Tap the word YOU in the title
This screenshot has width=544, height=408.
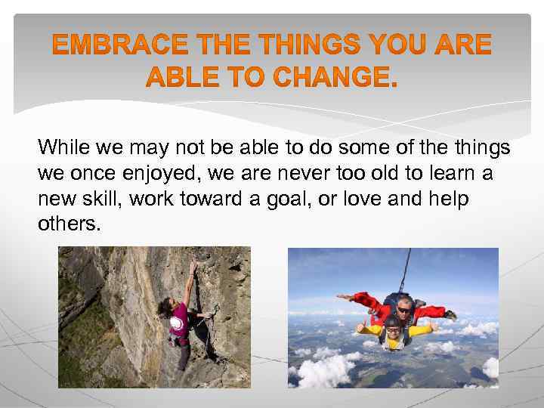pyautogui.click(x=406, y=47)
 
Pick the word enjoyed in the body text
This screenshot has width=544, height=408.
pyautogui.click(x=159, y=173)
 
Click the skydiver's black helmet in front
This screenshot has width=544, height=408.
pyautogui.click(x=391, y=323)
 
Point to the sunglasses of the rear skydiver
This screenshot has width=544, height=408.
pyautogui.click(x=404, y=308)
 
